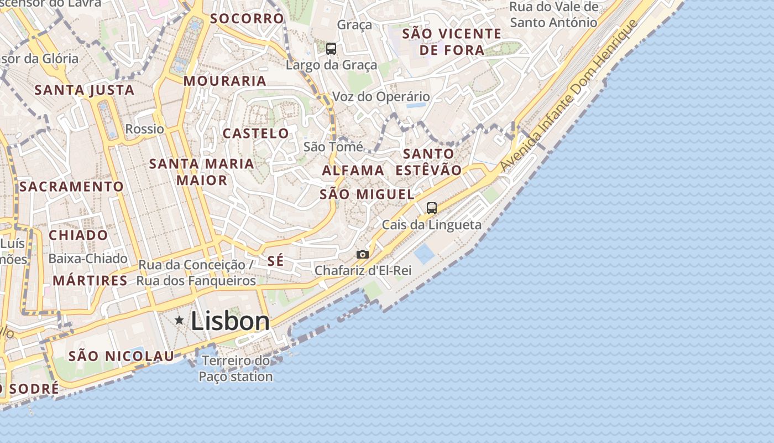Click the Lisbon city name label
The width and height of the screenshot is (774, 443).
230,321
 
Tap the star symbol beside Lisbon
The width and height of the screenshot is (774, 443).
179,320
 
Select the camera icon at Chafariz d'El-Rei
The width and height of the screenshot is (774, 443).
363,254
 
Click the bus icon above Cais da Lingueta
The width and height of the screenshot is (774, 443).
432,208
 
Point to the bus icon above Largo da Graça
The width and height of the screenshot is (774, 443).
331,49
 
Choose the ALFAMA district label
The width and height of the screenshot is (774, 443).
353,171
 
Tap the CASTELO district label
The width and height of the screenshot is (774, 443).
255,133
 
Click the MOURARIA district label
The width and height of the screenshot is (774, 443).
225,81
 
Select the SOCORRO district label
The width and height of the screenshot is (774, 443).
247,18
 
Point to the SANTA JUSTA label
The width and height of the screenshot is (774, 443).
85,90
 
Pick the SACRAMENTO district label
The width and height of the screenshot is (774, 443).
71,187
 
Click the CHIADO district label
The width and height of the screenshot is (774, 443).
79,235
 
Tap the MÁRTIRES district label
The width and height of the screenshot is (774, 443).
90,281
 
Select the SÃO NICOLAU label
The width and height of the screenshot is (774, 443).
121,356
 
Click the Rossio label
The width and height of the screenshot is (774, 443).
145,129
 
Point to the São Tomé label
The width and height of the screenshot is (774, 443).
333,147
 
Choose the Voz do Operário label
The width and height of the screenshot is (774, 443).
381,97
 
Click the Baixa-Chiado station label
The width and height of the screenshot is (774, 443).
88,259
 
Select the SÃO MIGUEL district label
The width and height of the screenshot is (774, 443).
367,194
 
